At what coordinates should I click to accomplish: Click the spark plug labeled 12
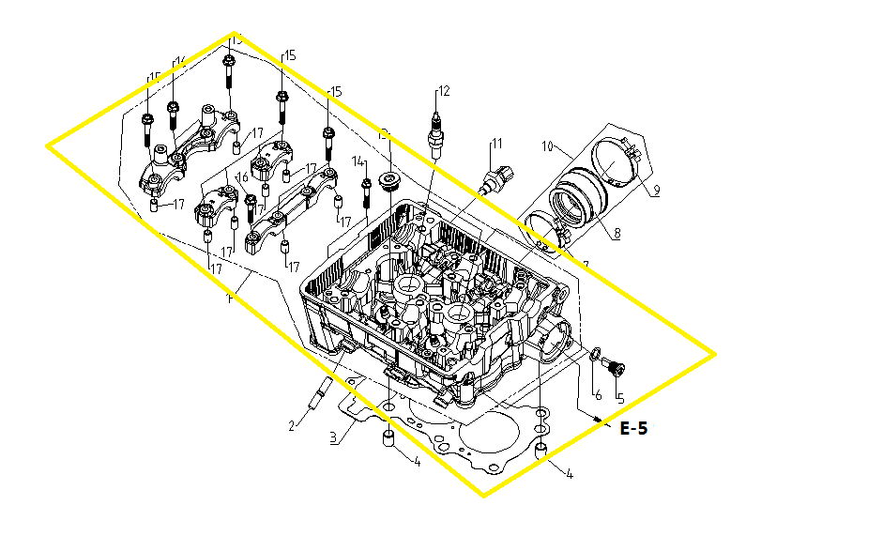435,131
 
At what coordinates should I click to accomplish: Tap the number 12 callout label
444,91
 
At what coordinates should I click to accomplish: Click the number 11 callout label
497,144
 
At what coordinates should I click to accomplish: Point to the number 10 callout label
549,147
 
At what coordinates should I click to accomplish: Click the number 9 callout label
656,191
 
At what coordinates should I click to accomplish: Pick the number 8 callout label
617,235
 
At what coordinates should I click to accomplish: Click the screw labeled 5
615,364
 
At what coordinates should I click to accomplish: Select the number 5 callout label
619,396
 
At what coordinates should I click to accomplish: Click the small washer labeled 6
594,354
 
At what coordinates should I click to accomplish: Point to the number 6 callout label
597,395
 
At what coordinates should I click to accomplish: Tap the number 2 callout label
292,425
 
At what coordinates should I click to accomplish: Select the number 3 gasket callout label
332,437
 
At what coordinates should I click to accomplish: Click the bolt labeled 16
251,204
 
